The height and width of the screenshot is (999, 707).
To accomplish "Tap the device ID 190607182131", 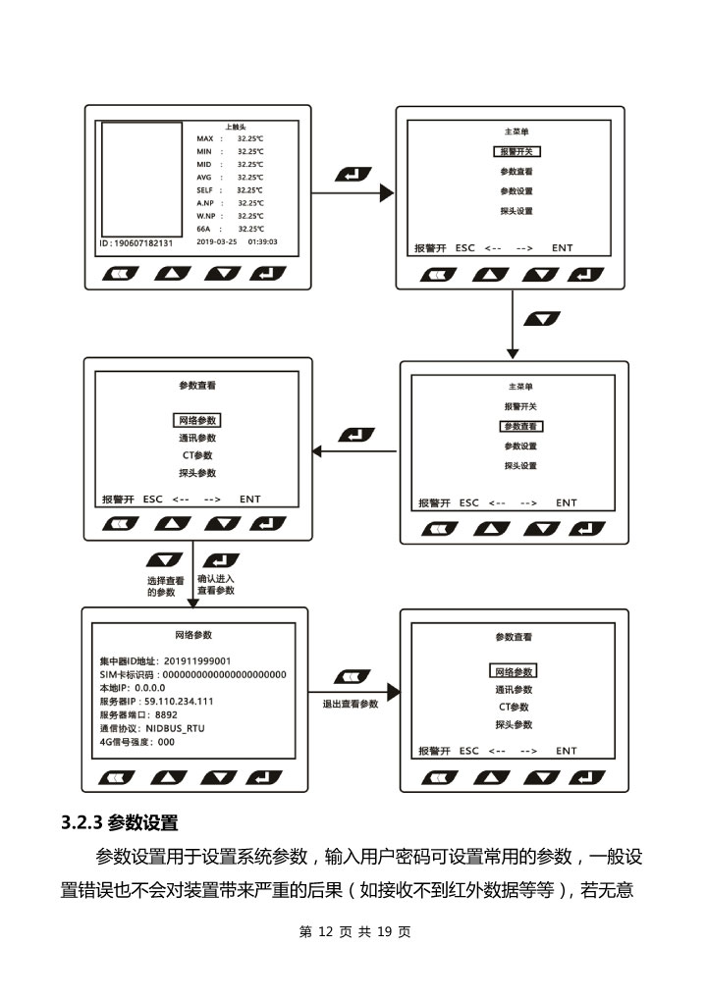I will point(136,241).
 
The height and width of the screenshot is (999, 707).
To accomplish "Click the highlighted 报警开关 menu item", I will point(517,152).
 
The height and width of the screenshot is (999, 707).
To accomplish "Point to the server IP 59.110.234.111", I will point(178,702).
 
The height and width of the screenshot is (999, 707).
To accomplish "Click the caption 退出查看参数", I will point(351,705).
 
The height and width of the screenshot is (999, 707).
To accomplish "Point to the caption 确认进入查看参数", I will point(216,585).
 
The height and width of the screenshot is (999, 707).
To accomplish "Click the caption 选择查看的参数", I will point(165,586).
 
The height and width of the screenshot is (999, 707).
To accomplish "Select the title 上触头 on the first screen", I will point(236,128).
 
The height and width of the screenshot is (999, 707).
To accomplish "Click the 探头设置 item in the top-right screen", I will point(517,212).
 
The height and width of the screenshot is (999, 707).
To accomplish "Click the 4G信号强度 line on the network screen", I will point(137,743).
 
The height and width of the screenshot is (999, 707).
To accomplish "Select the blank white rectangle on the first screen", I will point(141,177).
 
